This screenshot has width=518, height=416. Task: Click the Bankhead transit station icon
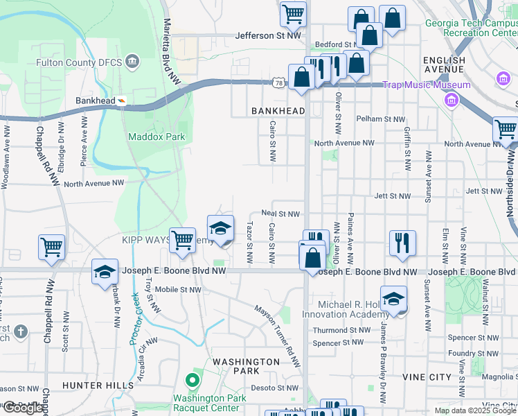pyautogui.click(x=122, y=101)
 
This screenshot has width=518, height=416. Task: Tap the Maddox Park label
pyautogui.click(x=157, y=137)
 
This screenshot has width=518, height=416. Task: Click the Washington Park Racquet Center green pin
pyautogui.click(x=192, y=381)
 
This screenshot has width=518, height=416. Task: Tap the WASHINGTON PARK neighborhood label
pyautogui.click(x=246, y=366)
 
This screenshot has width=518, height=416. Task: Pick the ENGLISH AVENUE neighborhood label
pyautogui.click(x=443, y=65)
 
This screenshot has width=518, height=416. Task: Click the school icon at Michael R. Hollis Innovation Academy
pyautogui.click(x=393, y=299)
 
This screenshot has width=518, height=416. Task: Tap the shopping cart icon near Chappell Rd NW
pyautogui.click(x=52, y=247)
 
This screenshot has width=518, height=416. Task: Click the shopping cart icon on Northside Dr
pyautogui.click(x=506, y=129)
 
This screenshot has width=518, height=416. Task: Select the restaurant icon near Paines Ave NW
pyautogui.click(x=402, y=243)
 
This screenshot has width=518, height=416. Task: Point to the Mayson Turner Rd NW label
pyautogui.click(x=277, y=336)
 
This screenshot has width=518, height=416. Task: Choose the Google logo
pyautogui.click(x=23, y=408)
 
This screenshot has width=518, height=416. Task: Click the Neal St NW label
pyautogui.click(x=280, y=214)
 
